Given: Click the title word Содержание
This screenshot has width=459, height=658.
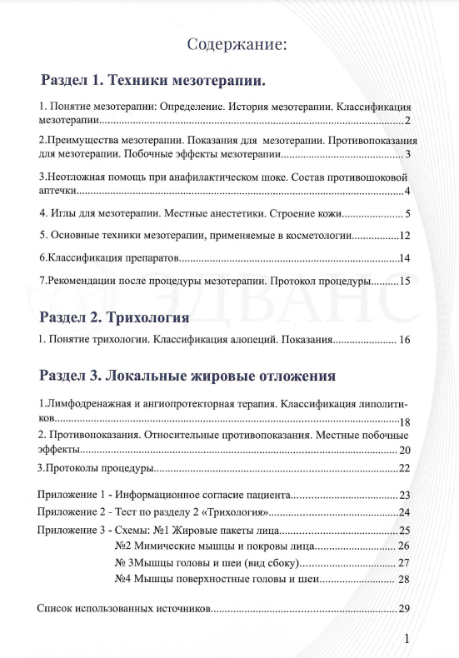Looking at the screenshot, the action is tap(237, 44).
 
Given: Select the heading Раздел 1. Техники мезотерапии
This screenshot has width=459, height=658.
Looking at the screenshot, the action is tap(152, 81).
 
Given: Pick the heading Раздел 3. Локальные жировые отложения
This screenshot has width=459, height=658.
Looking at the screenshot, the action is tap(187, 375).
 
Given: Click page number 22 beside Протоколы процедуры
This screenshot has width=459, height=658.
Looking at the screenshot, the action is tap(405, 468).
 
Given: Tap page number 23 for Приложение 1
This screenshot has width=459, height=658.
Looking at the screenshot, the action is tap(405, 494).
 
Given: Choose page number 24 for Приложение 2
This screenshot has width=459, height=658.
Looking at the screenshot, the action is tap(405, 512).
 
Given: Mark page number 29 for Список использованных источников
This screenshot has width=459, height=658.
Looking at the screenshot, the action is tap(404, 608).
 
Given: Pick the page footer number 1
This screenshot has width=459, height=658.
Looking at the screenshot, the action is tap(407, 639).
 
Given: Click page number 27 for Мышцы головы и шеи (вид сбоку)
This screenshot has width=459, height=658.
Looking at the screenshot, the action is tap(405, 563).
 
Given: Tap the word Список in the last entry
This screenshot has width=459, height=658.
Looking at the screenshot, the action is tap(55, 608).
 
